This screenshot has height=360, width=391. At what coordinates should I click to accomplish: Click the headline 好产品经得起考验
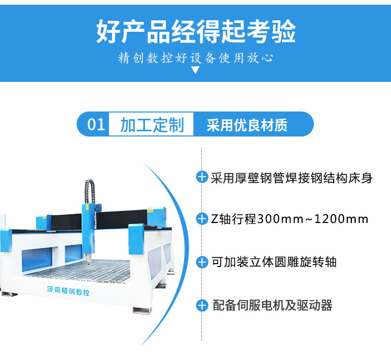pyautogui.click(x=195, y=31)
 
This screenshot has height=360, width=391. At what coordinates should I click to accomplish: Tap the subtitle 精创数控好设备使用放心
pyautogui.click(x=195, y=57)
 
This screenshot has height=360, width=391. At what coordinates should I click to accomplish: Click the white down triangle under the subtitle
pyautogui.click(x=195, y=70)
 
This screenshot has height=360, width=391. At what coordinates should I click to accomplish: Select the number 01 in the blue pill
pyautogui.click(x=96, y=125)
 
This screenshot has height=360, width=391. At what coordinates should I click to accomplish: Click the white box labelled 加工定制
pyautogui.click(x=152, y=125)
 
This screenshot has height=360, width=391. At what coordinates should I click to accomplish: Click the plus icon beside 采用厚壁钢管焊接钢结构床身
pyautogui.click(x=202, y=177)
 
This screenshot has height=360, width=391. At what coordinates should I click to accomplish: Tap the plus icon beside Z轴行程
pyautogui.click(x=202, y=219)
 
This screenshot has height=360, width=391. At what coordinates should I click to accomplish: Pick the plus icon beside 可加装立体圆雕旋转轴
pyautogui.click(x=202, y=262)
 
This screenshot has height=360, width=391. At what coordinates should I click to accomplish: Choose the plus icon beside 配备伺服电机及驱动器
pyautogui.click(x=202, y=305)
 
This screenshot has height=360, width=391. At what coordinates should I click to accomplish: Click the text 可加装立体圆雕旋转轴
pyautogui.click(x=274, y=262)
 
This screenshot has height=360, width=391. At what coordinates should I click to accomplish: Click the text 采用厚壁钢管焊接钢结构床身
pyautogui.click(x=292, y=177)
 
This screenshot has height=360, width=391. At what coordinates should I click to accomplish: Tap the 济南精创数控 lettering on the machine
pyautogui.click(x=68, y=292)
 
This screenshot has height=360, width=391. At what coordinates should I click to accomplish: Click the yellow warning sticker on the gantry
pyautogui.click(x=150, y=211)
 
